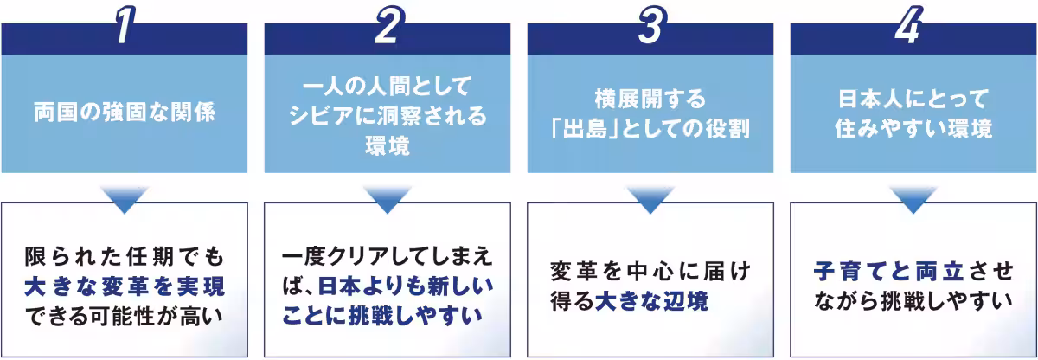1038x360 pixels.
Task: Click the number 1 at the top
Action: pyautogui.click(x=125, y=27)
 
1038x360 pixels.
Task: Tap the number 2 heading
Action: pyautogui.click(x=388, y=27)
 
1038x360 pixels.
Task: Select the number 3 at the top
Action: pyautogui.click(x=650, y=27)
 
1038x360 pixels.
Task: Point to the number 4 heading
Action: pyautogui.click(x=913, y=27)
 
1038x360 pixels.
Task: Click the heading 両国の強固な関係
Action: pyautogui.click(x=125, y=112)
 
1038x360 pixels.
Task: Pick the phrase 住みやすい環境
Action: pyautogui.click(x=913, y=129)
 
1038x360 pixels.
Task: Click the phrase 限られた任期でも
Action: pyautogui.click(x=125, y=257)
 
